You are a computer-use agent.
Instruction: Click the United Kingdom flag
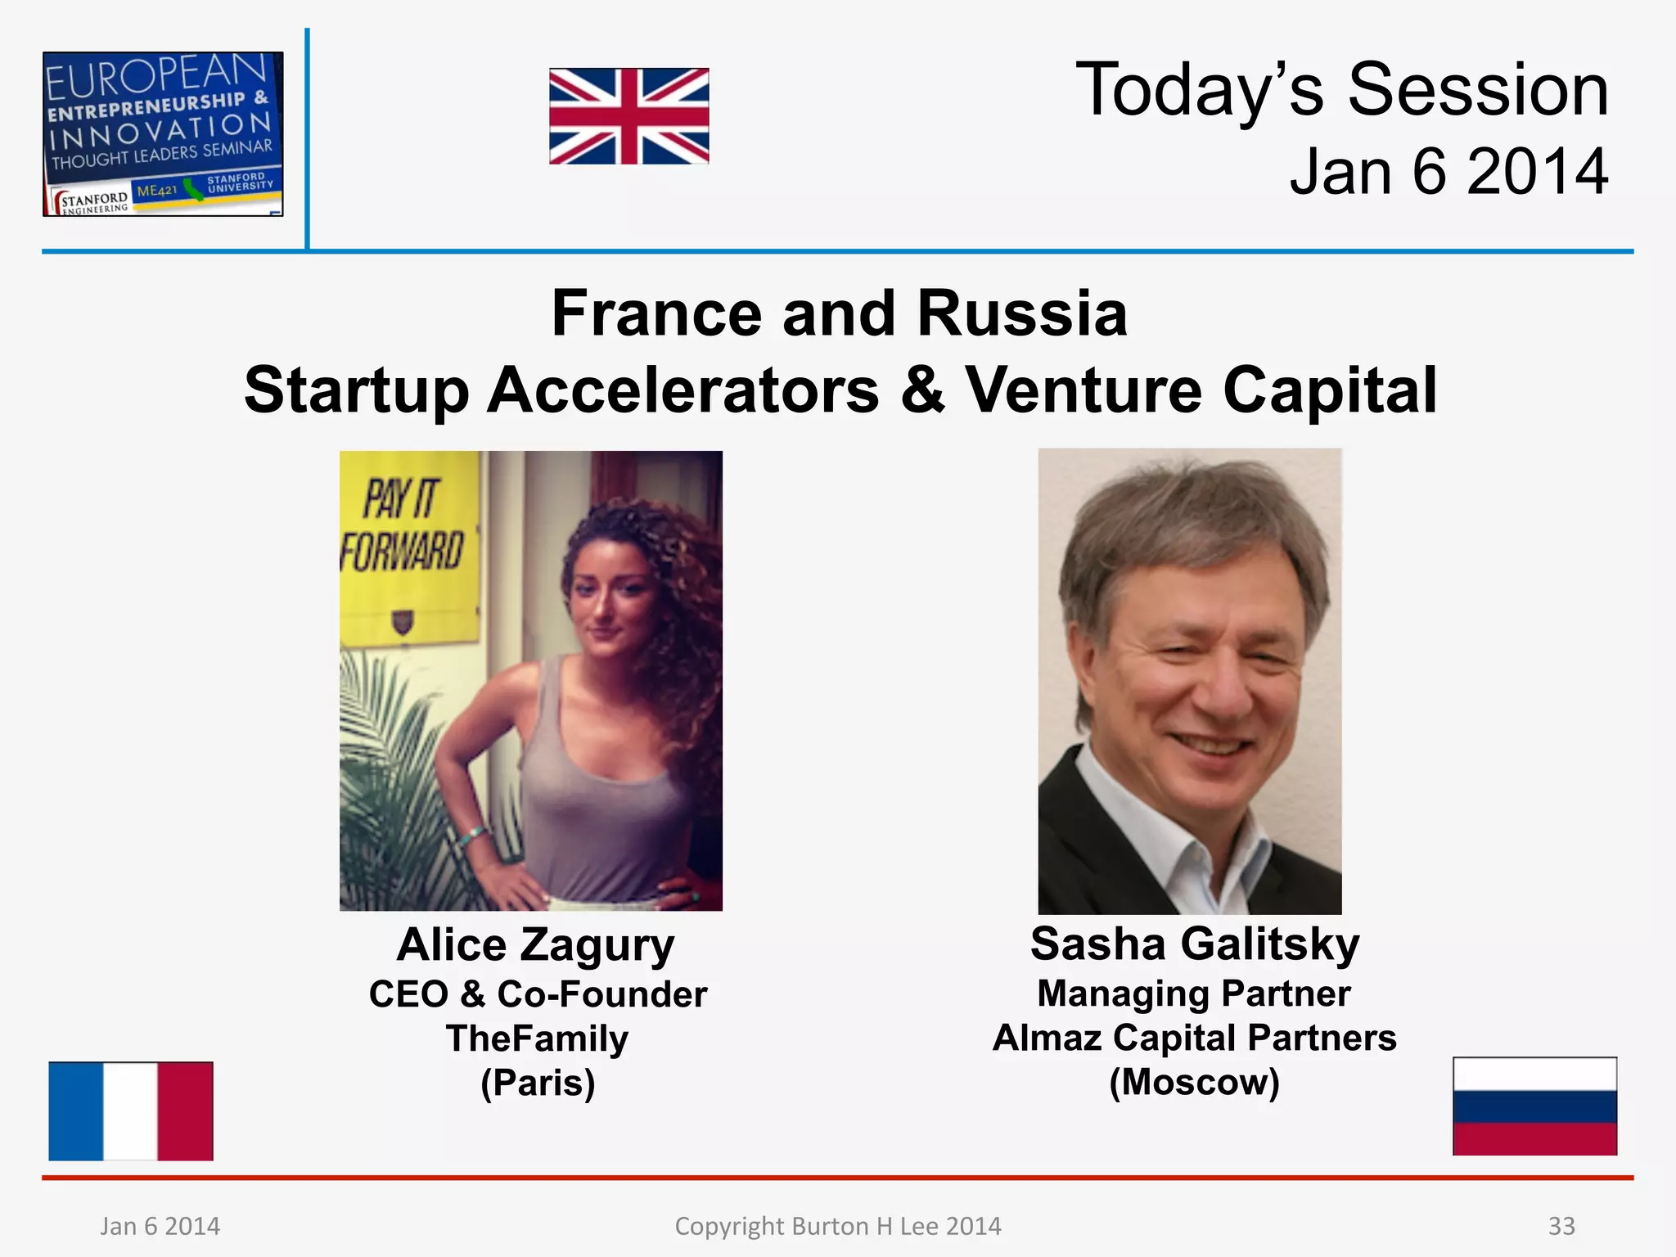628,116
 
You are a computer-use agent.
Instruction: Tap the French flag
131,1111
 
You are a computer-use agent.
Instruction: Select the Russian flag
1534,1106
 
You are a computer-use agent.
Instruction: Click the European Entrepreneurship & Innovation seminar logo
163,134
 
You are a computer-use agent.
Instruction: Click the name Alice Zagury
536,945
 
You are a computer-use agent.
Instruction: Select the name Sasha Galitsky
1194,944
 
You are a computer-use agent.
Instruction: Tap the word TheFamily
537,1038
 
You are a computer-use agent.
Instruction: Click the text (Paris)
538,1083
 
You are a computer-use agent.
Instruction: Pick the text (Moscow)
1194,1082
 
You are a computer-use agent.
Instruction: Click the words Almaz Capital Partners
1194,1038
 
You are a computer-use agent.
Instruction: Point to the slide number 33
1561,1226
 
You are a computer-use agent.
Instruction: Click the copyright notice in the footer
838,1226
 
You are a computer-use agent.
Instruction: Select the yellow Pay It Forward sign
407,547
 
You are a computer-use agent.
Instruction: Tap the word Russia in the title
1022,313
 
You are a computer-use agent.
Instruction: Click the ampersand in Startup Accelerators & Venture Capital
922,390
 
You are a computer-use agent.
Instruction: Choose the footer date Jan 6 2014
160,1226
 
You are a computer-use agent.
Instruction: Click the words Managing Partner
1194,993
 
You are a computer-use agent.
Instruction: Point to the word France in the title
656,313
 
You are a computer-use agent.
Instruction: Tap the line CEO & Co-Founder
538,994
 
